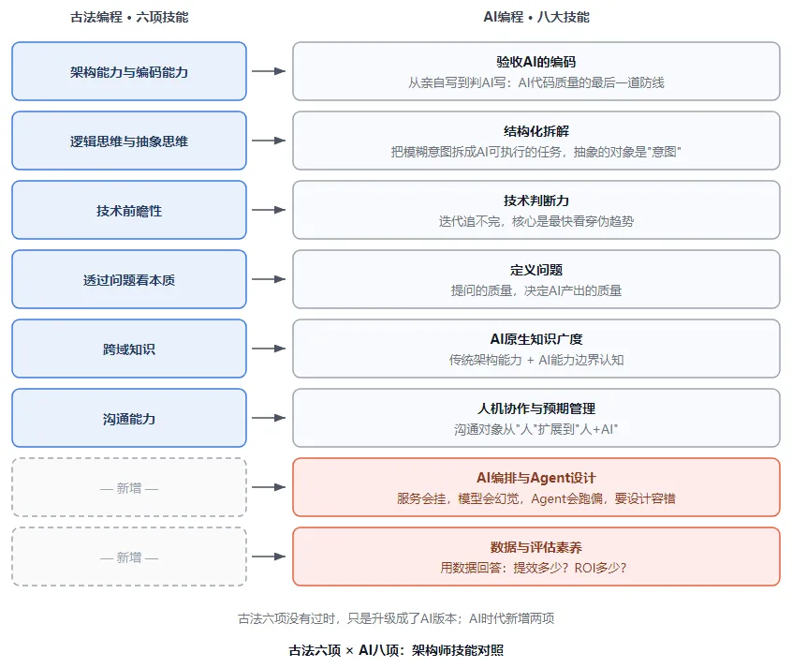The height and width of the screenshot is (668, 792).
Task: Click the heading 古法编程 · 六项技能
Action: point(129,17)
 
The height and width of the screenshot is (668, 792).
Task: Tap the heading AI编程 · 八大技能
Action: point(536,17)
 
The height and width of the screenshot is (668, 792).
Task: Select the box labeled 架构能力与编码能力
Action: point(129,71)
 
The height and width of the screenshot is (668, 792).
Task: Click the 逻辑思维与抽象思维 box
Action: point(129,141)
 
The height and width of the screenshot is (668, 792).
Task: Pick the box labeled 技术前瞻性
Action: point(129,210)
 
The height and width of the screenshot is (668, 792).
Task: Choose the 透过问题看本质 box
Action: point(129,279)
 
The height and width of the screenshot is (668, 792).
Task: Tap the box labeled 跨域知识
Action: point(129,349)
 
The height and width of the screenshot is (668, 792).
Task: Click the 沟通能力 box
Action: point(129,418)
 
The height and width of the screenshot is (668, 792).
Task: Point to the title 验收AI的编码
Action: point(536,62)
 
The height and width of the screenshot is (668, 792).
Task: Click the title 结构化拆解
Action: point(536,131)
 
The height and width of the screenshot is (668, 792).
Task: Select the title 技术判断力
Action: point(536,200)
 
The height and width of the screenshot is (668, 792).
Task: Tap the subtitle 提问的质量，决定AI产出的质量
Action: point(536,290)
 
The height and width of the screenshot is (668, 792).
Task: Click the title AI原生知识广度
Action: point(536,339)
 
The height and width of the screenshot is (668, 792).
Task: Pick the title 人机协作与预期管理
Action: point(536,408)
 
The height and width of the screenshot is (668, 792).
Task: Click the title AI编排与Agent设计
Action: point(536,478)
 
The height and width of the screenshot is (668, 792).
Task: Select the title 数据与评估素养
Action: point(536,547)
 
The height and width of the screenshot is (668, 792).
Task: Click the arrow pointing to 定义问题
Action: point(269,279)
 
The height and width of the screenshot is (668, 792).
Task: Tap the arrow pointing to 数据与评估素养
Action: point(269,557)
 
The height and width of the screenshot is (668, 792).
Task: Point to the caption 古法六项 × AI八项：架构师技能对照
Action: point(396,650)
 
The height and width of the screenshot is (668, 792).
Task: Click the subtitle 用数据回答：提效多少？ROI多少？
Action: point(534,568)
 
